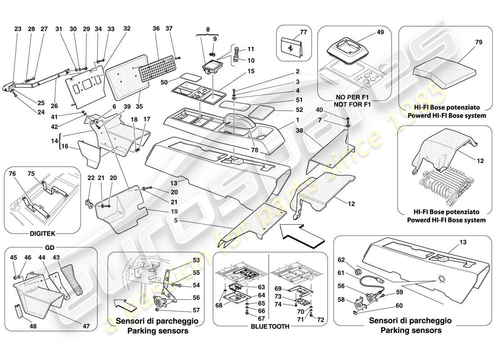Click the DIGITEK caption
click(34, 234)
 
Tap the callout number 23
click(18, 29)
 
